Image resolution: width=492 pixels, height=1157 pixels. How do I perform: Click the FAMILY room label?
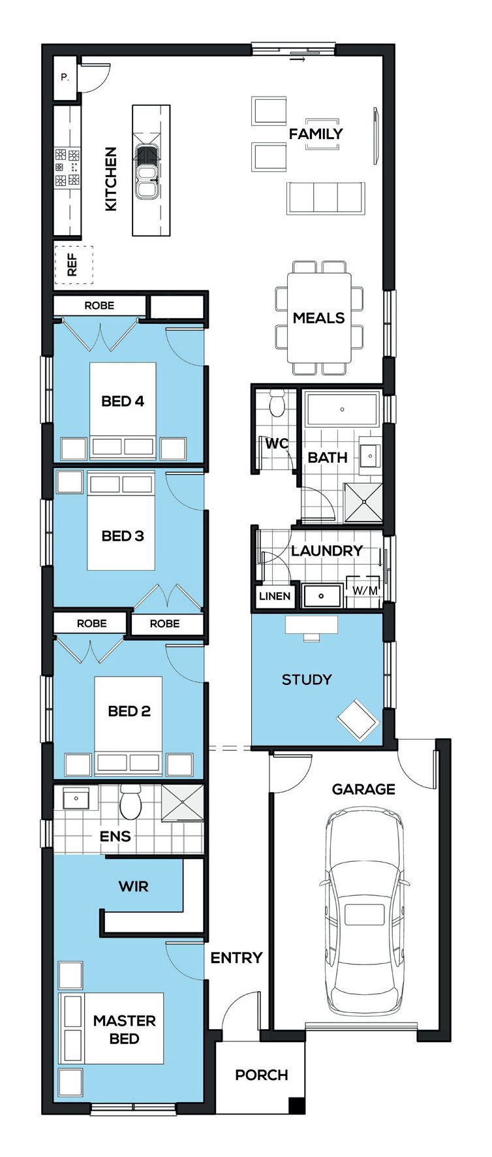click(x=316, y=134)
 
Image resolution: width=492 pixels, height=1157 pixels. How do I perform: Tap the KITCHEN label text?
click(x=112, y=179)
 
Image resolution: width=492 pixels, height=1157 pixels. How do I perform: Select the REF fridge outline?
click(x=73, y=265)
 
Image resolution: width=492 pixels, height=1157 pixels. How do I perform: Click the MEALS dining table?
click(x=319, y=318)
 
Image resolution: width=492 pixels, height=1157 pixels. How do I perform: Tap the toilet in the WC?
click(x=277, y=404)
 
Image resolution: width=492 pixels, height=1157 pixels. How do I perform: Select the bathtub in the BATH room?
click(x=342, y=409)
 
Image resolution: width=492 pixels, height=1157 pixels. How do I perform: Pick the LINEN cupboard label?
click(x=275, y=596)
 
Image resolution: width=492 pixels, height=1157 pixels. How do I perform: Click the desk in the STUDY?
click(x=311, y=626)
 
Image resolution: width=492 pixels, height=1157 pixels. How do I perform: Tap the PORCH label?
click(x=262, y=1075)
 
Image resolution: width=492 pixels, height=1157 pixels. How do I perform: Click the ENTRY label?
click(x=236, y=958)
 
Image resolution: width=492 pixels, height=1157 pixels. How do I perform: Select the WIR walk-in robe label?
click(x=133, y=887)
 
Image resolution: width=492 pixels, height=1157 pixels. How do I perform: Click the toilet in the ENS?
click(x=131, y=802)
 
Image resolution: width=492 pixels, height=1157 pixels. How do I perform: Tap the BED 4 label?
click(x=123, y=401)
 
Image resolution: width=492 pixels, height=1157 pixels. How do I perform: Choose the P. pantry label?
click(x=65, y=77)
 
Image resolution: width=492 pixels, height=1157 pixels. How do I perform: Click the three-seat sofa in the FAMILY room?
click(x=325, y=198)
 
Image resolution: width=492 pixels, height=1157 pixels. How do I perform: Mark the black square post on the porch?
click(x=297, y=1105)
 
